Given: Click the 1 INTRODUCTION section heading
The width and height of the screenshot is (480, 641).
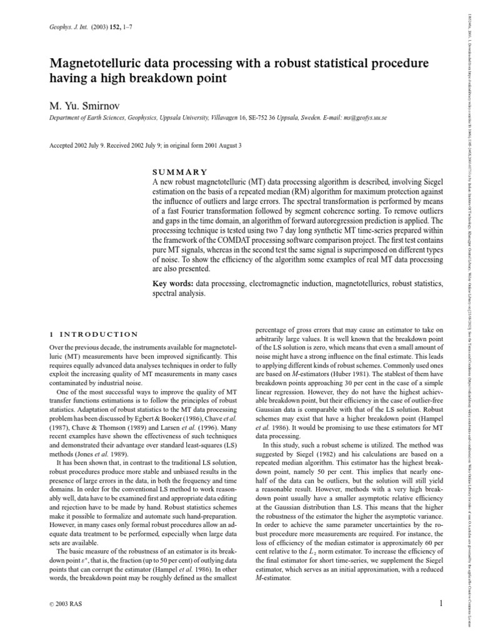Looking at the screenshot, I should pos(93,334).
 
